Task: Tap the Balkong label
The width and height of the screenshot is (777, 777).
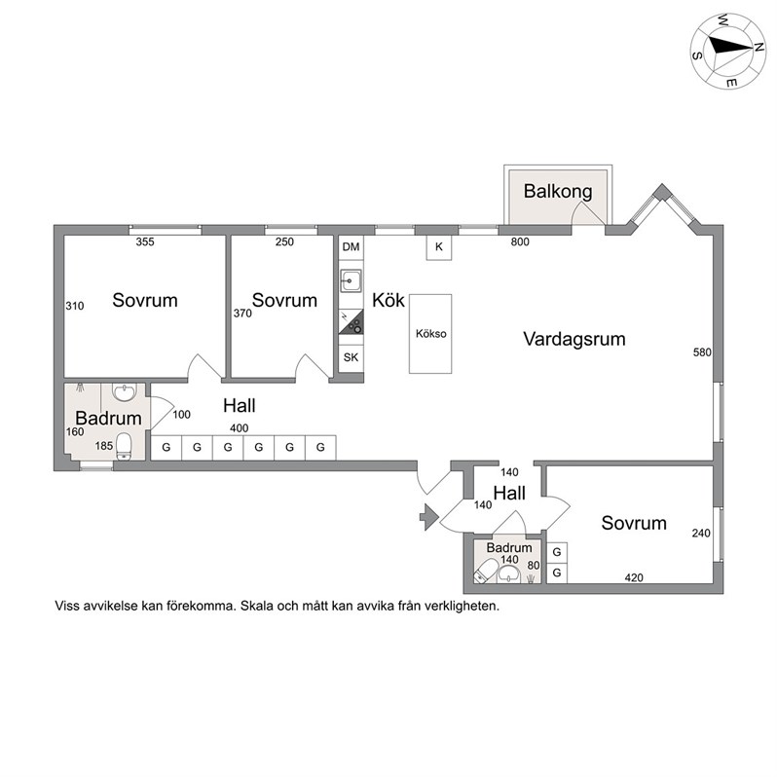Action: point(558,191)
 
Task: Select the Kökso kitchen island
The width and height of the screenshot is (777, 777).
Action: point(430,334)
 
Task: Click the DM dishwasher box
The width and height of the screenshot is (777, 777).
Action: point(351,246)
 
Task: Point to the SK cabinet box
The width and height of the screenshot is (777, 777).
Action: point(351,357)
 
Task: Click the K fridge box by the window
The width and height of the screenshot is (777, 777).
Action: point(439,246)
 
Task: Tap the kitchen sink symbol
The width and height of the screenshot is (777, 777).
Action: point(351,281)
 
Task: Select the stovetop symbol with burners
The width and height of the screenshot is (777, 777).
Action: point(351,321)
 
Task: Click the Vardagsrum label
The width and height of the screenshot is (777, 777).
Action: point(574,339)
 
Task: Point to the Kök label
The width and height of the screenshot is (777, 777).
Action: point(388,300)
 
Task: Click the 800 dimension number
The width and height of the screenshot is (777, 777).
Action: point(520,241)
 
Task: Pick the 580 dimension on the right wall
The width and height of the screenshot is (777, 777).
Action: point(702,352)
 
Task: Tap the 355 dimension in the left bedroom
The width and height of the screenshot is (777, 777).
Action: point(145,241)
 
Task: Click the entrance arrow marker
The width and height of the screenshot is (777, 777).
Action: point(429,517)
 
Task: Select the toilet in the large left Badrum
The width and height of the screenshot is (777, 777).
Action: point(124,446)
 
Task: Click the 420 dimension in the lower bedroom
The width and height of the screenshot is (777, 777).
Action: point(634,577)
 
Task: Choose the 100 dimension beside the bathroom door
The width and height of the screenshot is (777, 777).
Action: point(181,414)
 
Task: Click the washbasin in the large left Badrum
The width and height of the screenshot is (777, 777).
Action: point(124,392)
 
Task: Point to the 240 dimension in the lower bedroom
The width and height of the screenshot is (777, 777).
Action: point(701,534)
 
